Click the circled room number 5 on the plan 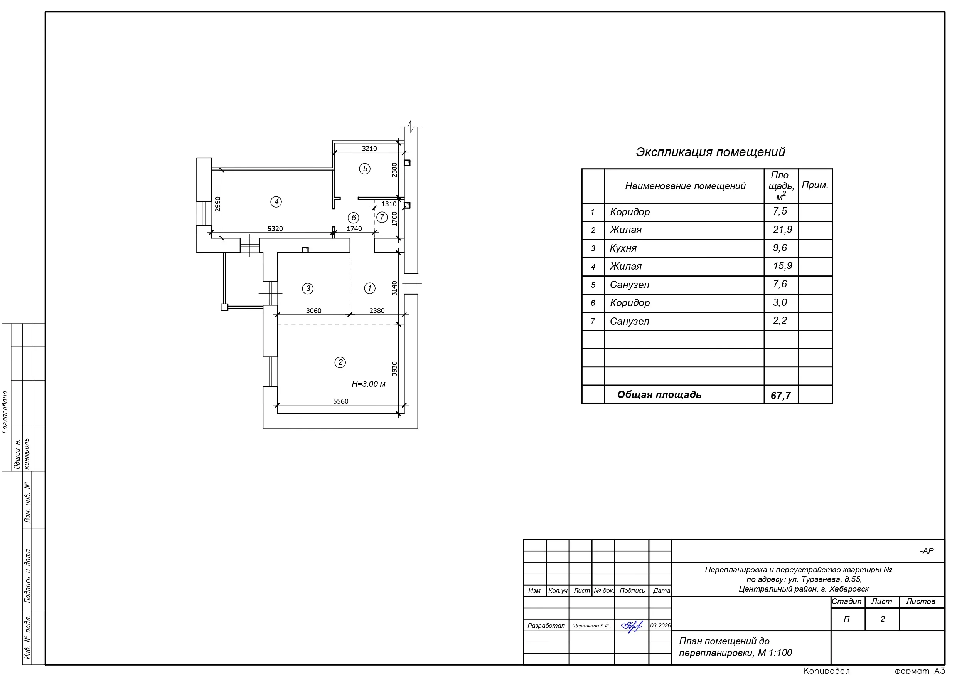(365, 169)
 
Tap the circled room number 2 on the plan (340, 362)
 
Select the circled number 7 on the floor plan (382, 217)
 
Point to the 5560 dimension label (340, 401)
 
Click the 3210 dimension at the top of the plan (369, 149)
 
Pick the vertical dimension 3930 (395, 369)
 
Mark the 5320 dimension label (275, 229)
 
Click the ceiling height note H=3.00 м (369, 384)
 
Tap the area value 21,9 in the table (782, 230)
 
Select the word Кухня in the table (623, 248)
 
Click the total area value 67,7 (781, 395)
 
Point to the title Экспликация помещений (710, 152)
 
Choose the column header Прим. (815, 185)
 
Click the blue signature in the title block (632, 626)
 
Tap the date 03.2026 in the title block (660, 626)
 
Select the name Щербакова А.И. (591, 626)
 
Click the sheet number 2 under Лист (882, 619)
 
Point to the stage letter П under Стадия (847, 619)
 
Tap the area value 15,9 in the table (782, 266)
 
